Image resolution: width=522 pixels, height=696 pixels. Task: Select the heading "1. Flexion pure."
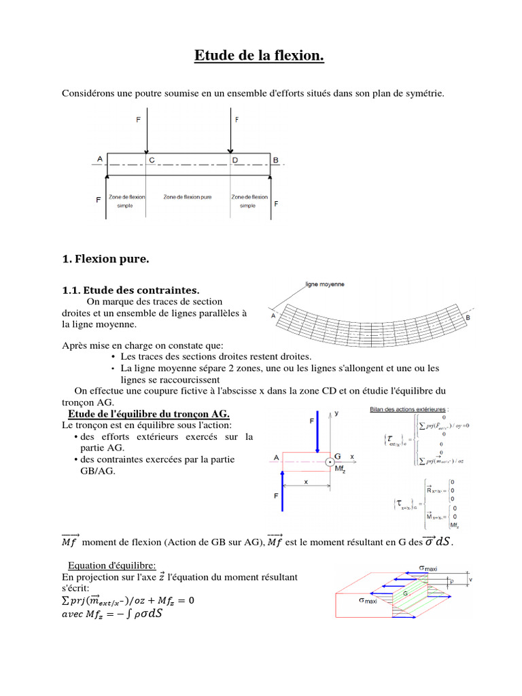pyautogui.click(x=105, y=259)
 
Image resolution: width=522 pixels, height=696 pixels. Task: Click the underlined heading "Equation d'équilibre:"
pyautogui.click(x=111, y=565)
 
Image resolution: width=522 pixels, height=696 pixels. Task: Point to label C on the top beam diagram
pyautogui.click(x=152, y=160)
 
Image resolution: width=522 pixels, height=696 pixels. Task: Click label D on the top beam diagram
pyautogui.click(x=236, y=160)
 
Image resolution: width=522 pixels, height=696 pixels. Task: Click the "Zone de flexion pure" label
pyautogui.click(x=188, y=197)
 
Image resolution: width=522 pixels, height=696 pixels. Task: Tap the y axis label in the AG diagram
pyautogui.click(x=336, y=413)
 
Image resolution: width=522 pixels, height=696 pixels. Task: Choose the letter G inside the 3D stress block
pyautogui.click(x=406, y=593)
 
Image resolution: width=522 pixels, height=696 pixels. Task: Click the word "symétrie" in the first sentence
pyautogui.click(x=425, y=93)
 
